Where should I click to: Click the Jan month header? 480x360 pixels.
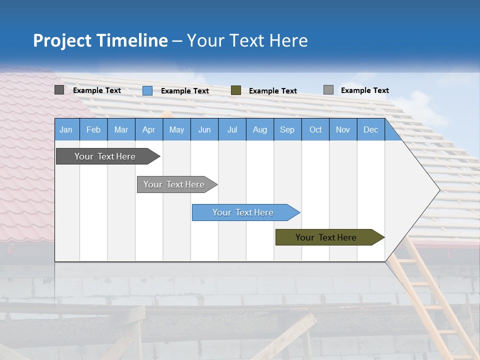click(66, 129)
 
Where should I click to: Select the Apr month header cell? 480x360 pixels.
click(148, 129)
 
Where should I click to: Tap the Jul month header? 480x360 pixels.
click(232, 129)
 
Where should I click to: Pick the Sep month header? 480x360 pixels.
click(287, 129)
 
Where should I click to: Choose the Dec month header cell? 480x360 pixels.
click(370, 129)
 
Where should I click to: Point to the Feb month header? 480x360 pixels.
click(93, 129)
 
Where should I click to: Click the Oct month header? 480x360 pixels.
click(315, 129)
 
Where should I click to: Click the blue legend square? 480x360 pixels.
click(147, 90)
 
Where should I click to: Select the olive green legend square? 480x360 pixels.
click(236, 90)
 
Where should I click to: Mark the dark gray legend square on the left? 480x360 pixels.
click(59, 90)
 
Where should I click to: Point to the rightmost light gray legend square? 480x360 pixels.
click(328, 90)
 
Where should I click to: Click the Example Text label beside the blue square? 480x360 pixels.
click(185, 91)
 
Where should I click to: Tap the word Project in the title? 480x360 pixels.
click(62, 40)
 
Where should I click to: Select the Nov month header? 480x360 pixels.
click(343, 129)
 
